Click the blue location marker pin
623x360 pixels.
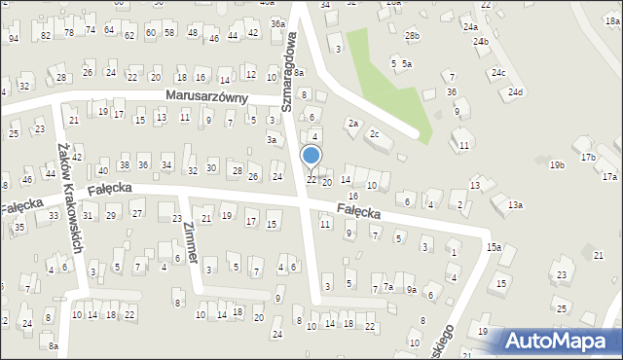(311, 157)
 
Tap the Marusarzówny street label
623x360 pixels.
(206, 97)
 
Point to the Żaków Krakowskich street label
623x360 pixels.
(71, 194)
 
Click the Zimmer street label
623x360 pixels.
(189, 241)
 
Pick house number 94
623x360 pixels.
(14, 38)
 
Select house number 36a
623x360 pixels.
(277, 23)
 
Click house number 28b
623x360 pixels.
(412, 36)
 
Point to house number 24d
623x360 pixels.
(514, 92)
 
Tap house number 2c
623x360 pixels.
(374, 133)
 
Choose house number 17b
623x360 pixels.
(587, 157)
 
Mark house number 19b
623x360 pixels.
(557, 166)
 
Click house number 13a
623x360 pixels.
(514, 204)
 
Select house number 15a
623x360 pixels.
(495, 247)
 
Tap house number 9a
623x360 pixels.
(412, 289)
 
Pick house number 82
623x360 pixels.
(46, 35)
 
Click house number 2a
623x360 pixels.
(353, 124)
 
